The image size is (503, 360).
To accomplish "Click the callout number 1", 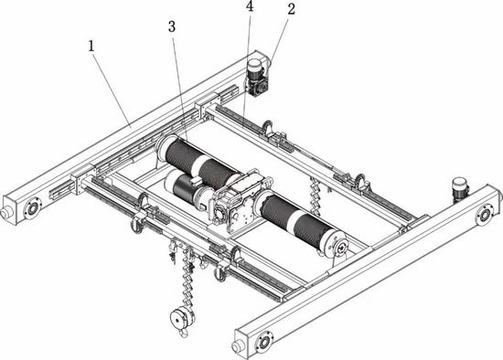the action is (91, 47).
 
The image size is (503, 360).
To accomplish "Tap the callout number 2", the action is (291, 10).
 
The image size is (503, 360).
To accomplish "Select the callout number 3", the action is (172, 26).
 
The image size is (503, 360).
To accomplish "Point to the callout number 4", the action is (250, 6).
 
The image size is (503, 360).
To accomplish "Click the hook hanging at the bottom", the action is (183, 332).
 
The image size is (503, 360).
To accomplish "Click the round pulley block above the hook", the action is (182, 316).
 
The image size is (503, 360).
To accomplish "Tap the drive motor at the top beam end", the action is (257, 78).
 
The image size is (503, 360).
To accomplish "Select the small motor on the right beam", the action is (460, 189).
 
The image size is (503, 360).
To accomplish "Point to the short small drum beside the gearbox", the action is (186, 188).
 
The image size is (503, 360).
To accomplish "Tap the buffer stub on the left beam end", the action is (6, 212).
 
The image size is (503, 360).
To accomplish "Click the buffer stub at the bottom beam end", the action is (238, 346).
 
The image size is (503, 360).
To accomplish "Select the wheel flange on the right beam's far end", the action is (484, 215).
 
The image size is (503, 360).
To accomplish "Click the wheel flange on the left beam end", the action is (32, 208).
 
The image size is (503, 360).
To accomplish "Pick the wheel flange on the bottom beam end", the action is (264, 343).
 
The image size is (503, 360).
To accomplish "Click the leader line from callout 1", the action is (112, 90).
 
